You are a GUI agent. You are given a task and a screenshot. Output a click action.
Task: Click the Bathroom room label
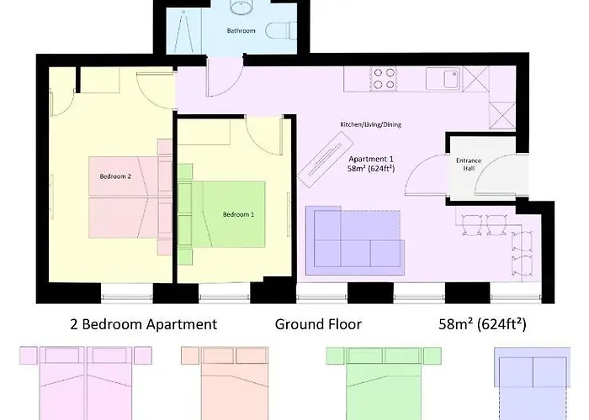point(241,31)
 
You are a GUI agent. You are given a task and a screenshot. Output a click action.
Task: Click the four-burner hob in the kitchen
point(384,78)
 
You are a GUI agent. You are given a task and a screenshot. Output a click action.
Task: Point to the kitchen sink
point(440,78)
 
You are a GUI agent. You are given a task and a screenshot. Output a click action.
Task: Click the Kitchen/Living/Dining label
point(370,124)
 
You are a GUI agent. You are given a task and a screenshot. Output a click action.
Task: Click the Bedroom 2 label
point(115,177)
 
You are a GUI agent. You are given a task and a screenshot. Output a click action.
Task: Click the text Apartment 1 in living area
point(371,158)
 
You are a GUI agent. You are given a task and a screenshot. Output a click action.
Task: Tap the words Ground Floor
point(318,324)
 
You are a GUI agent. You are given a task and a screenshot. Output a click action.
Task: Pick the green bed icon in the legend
point(374,382)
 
